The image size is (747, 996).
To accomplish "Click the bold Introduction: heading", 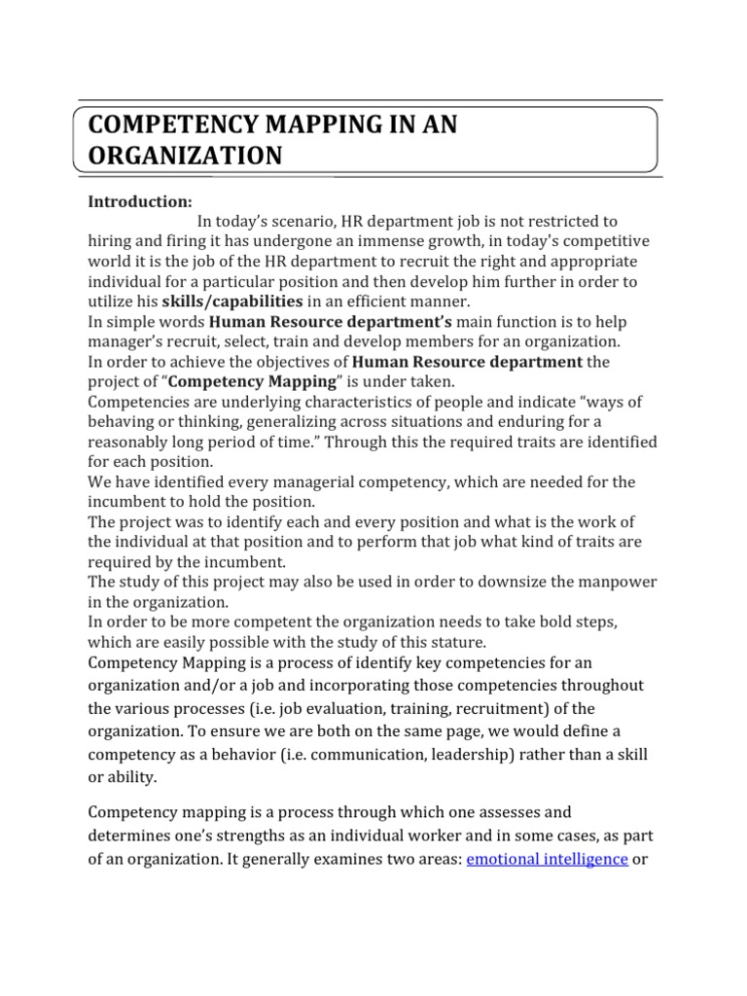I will click(x=140, y=201).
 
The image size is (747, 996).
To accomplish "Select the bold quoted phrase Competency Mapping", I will click(x=257, y=381).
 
